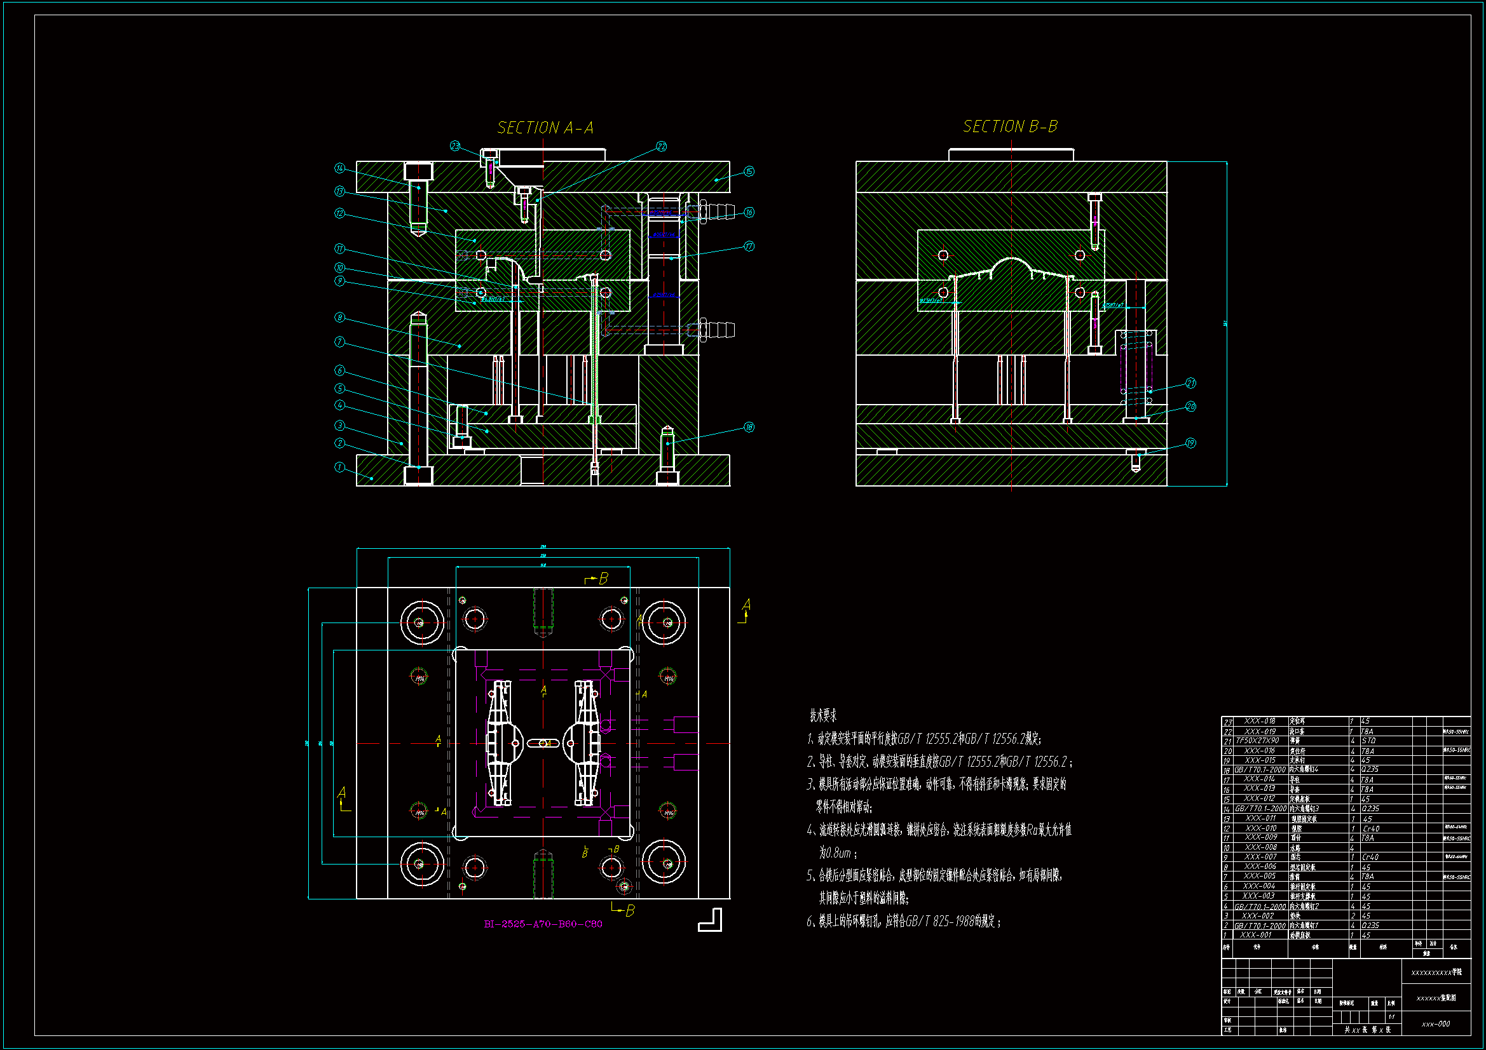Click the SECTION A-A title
(545, 128)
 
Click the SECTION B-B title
(1010, 127)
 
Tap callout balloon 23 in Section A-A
(455, 146)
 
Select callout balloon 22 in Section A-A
(661, 147)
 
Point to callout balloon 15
(749, 172)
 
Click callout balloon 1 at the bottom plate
(339, 467)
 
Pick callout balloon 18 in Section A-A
(749, 427)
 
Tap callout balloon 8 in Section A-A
(339, 318)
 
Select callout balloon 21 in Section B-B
(1190, 384)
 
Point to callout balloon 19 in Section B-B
(1190, 443)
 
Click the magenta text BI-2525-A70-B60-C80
(543, 924)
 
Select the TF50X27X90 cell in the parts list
(1258, 741)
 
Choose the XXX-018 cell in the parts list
(1260, 721)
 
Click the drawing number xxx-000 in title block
(1436, 1024)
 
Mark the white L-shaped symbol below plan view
(710, 920)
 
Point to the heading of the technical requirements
(823, 715)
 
